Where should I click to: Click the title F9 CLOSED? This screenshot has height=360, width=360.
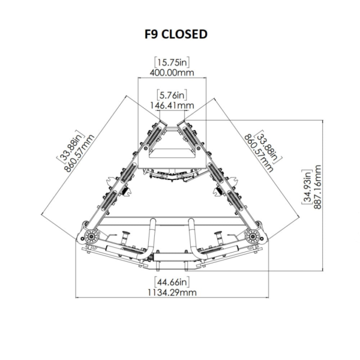176,34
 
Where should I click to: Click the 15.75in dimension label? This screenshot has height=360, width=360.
172,62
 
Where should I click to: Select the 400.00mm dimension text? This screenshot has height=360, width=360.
172,73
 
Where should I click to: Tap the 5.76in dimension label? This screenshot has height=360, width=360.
172,95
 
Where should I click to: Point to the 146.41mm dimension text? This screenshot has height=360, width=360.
172,106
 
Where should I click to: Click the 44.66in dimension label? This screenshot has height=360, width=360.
172,282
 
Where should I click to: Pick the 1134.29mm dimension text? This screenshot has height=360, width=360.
172,293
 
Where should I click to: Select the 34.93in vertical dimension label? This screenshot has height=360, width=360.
307,187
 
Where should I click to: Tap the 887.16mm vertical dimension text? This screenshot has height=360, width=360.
317,187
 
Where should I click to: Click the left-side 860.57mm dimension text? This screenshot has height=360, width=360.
79,153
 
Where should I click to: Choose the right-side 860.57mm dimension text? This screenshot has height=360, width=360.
259,153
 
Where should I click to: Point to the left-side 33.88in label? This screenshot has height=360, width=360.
70,145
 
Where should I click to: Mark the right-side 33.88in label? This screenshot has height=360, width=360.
269,145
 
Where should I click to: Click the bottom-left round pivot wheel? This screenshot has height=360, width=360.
91,236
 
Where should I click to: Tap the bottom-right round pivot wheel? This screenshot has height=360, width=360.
253,236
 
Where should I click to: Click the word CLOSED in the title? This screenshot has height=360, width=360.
184,34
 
